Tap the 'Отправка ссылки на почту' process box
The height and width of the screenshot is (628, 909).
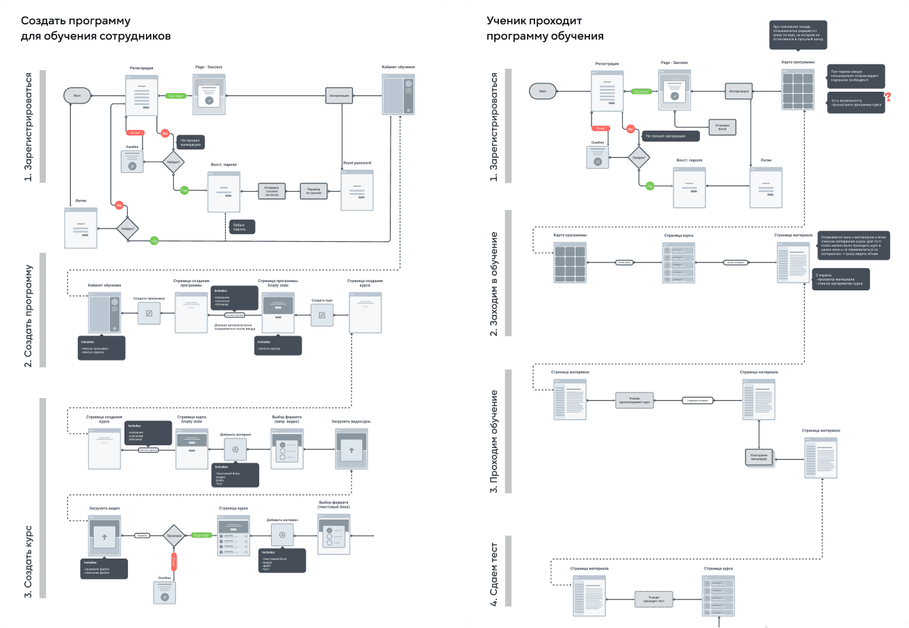tap(271, 191)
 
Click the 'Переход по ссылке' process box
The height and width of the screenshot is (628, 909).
tap(313, 191)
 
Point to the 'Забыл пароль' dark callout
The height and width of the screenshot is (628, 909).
tap(240, 226)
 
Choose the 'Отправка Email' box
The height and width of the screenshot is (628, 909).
tap(720, 126)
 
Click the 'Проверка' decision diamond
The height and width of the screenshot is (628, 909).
tap(174, 536)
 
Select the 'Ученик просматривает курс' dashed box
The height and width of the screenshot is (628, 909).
tap(635, 402)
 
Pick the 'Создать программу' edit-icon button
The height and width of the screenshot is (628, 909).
tap(149, 314)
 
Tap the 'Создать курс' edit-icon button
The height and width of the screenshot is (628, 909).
tap(321, 315)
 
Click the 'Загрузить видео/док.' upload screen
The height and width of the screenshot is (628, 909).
tap(351, 450)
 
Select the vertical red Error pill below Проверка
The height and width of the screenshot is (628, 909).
tap(174, 561)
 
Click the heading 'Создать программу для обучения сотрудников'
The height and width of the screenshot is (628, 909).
tap(95, 28)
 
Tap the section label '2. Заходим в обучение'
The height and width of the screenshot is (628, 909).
tap(494, 284)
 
